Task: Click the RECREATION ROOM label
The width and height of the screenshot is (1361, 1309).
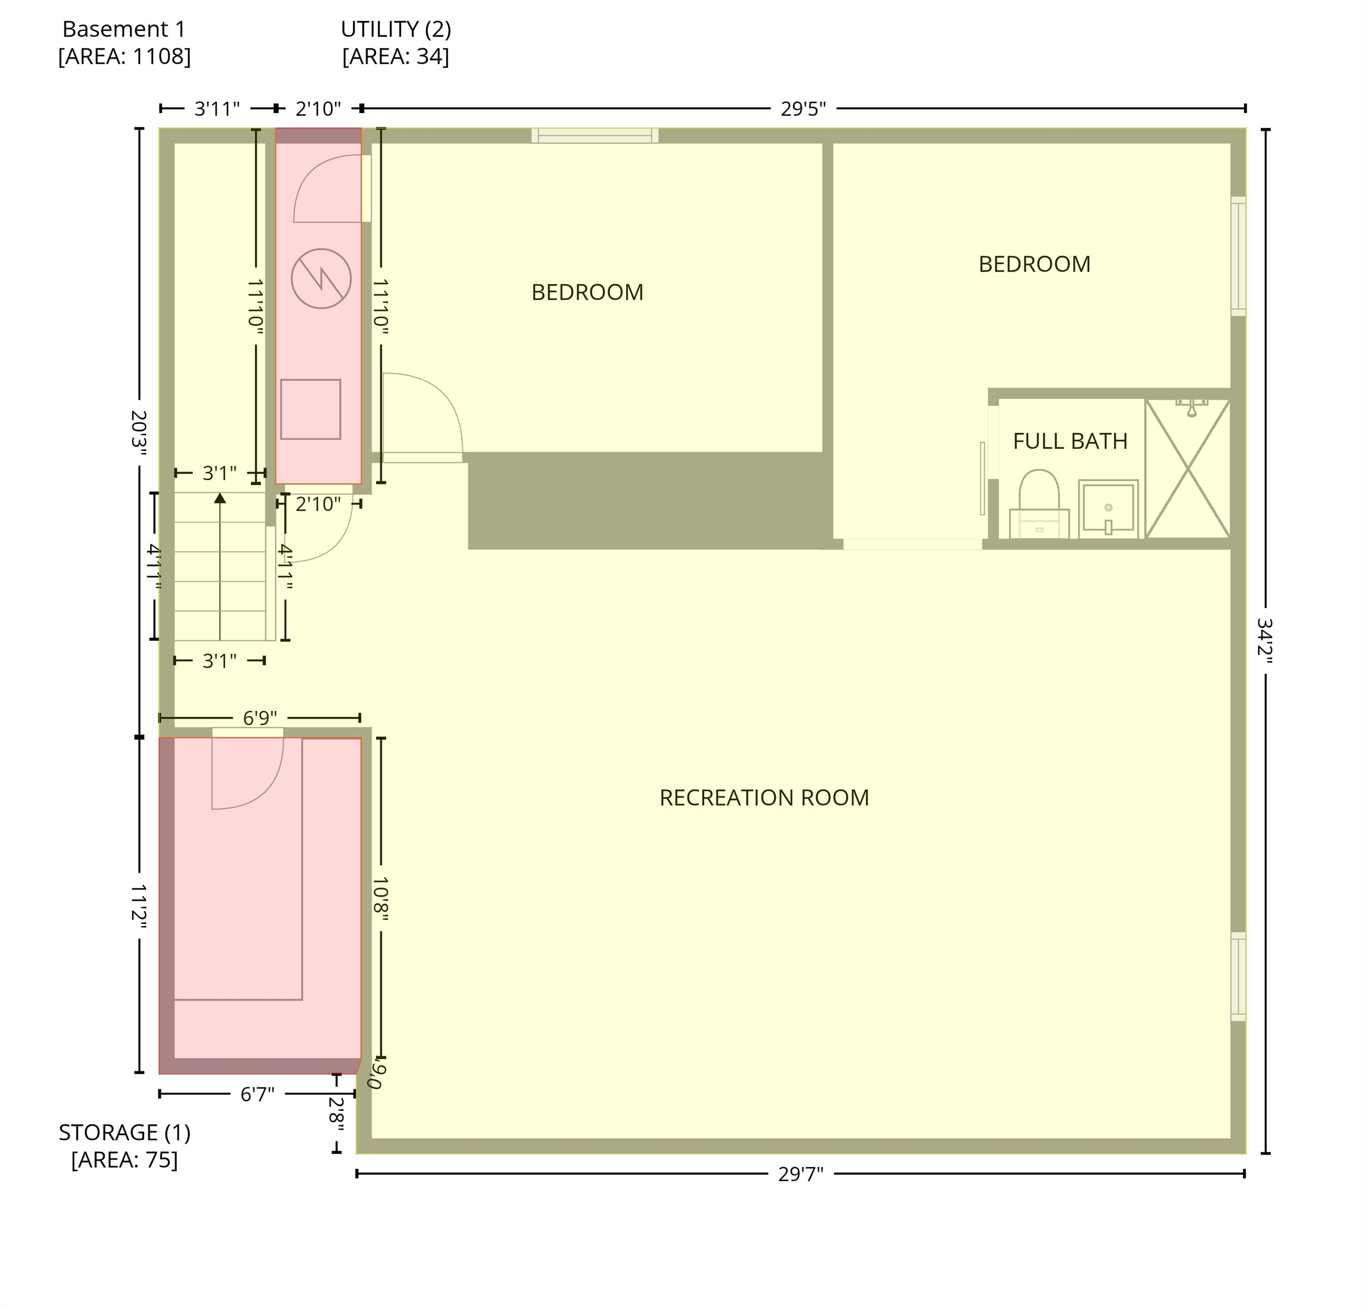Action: (x=764, y=798)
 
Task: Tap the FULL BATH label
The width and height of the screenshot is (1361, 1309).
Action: (x=1069, y=441)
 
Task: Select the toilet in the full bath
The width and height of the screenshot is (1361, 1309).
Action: (x=1039, y=505)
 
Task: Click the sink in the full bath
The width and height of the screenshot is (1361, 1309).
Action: (x=1108, y=508)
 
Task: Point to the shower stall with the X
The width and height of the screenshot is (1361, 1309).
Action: (x=1188, y=469)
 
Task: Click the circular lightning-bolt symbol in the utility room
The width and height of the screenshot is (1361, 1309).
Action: (x=321, y=278)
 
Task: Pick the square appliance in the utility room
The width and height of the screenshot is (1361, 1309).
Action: (x=310, y=409)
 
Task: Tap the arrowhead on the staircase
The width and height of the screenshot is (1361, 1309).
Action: (x=220, y=498)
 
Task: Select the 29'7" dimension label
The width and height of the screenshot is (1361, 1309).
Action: (x=800, y=1174)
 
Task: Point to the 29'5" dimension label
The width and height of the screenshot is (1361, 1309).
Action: (x=803, y=109)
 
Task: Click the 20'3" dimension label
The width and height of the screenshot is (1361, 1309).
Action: (x=139, y=432)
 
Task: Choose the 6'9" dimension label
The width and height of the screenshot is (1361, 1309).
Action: (x=260, y=718)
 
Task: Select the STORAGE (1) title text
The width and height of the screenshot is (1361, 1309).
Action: (x=125, y=1133)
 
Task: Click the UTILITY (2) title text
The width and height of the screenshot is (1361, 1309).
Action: (x=396, y=29)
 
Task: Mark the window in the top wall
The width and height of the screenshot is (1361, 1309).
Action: (x=595, y=135)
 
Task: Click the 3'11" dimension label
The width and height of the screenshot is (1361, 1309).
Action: (x=217, y=109)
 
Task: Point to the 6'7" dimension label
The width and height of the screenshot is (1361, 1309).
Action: (x=257, y=1095)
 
